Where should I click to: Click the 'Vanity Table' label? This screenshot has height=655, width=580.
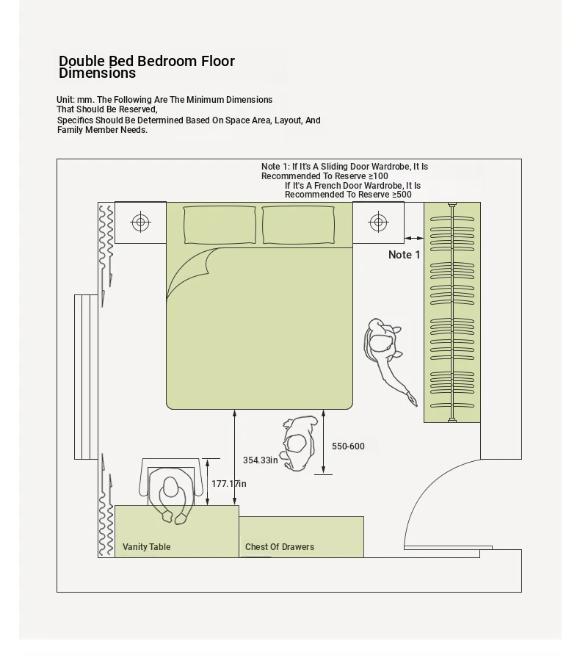[x=147, y=547]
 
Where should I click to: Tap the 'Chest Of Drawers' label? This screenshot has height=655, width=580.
[x=279, y=547]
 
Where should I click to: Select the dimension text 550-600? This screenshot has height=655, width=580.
[x=348, y=446]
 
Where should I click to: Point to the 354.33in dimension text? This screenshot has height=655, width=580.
[x=260, y=460]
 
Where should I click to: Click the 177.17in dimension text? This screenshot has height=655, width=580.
[x=229, y=483]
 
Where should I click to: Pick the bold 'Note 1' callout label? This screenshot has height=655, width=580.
[x=405, y=254]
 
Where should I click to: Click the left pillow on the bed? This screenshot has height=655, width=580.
[x=220, y=225]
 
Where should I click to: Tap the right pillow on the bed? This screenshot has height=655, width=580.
[x=298, y=225]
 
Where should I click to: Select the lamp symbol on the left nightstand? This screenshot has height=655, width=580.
[x=141, y=222]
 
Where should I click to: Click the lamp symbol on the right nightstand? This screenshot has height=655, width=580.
[x=378, y=222]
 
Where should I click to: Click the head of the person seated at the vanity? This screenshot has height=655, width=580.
[x=170, y=487]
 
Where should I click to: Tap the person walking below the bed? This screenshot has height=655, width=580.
[x=299, y=444]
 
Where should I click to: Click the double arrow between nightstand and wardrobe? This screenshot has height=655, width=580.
[x=414, y=238]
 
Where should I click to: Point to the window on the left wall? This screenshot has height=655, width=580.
[x=86, y=377]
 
